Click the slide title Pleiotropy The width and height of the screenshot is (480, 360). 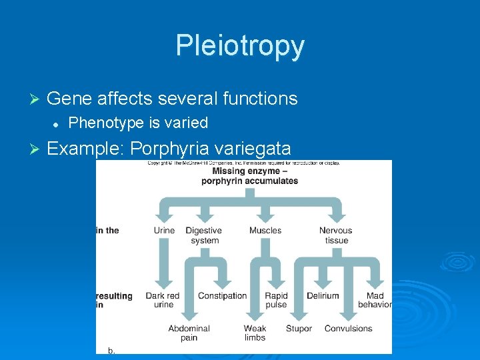(240, 46)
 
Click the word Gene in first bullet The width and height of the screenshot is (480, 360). (69, 99)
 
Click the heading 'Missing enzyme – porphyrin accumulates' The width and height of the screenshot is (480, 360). (249, 176)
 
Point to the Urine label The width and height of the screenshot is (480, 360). (164, 231)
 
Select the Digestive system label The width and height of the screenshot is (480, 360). (204, 235)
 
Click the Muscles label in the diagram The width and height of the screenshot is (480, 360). (265, 231)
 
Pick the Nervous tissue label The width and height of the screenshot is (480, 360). (336, 235)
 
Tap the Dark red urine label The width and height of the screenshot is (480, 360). (163, 300)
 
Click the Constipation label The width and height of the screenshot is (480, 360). (222, 296)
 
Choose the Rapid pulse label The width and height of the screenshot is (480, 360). (276, 300)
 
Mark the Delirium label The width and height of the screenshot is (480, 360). (323, 296)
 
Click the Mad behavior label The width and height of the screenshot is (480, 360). (375, 300)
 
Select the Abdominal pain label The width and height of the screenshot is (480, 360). (189, 333)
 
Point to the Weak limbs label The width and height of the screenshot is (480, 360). (255, 333)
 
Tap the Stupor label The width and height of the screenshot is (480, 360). (299, 329)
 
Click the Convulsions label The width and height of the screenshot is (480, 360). (348, 329)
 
